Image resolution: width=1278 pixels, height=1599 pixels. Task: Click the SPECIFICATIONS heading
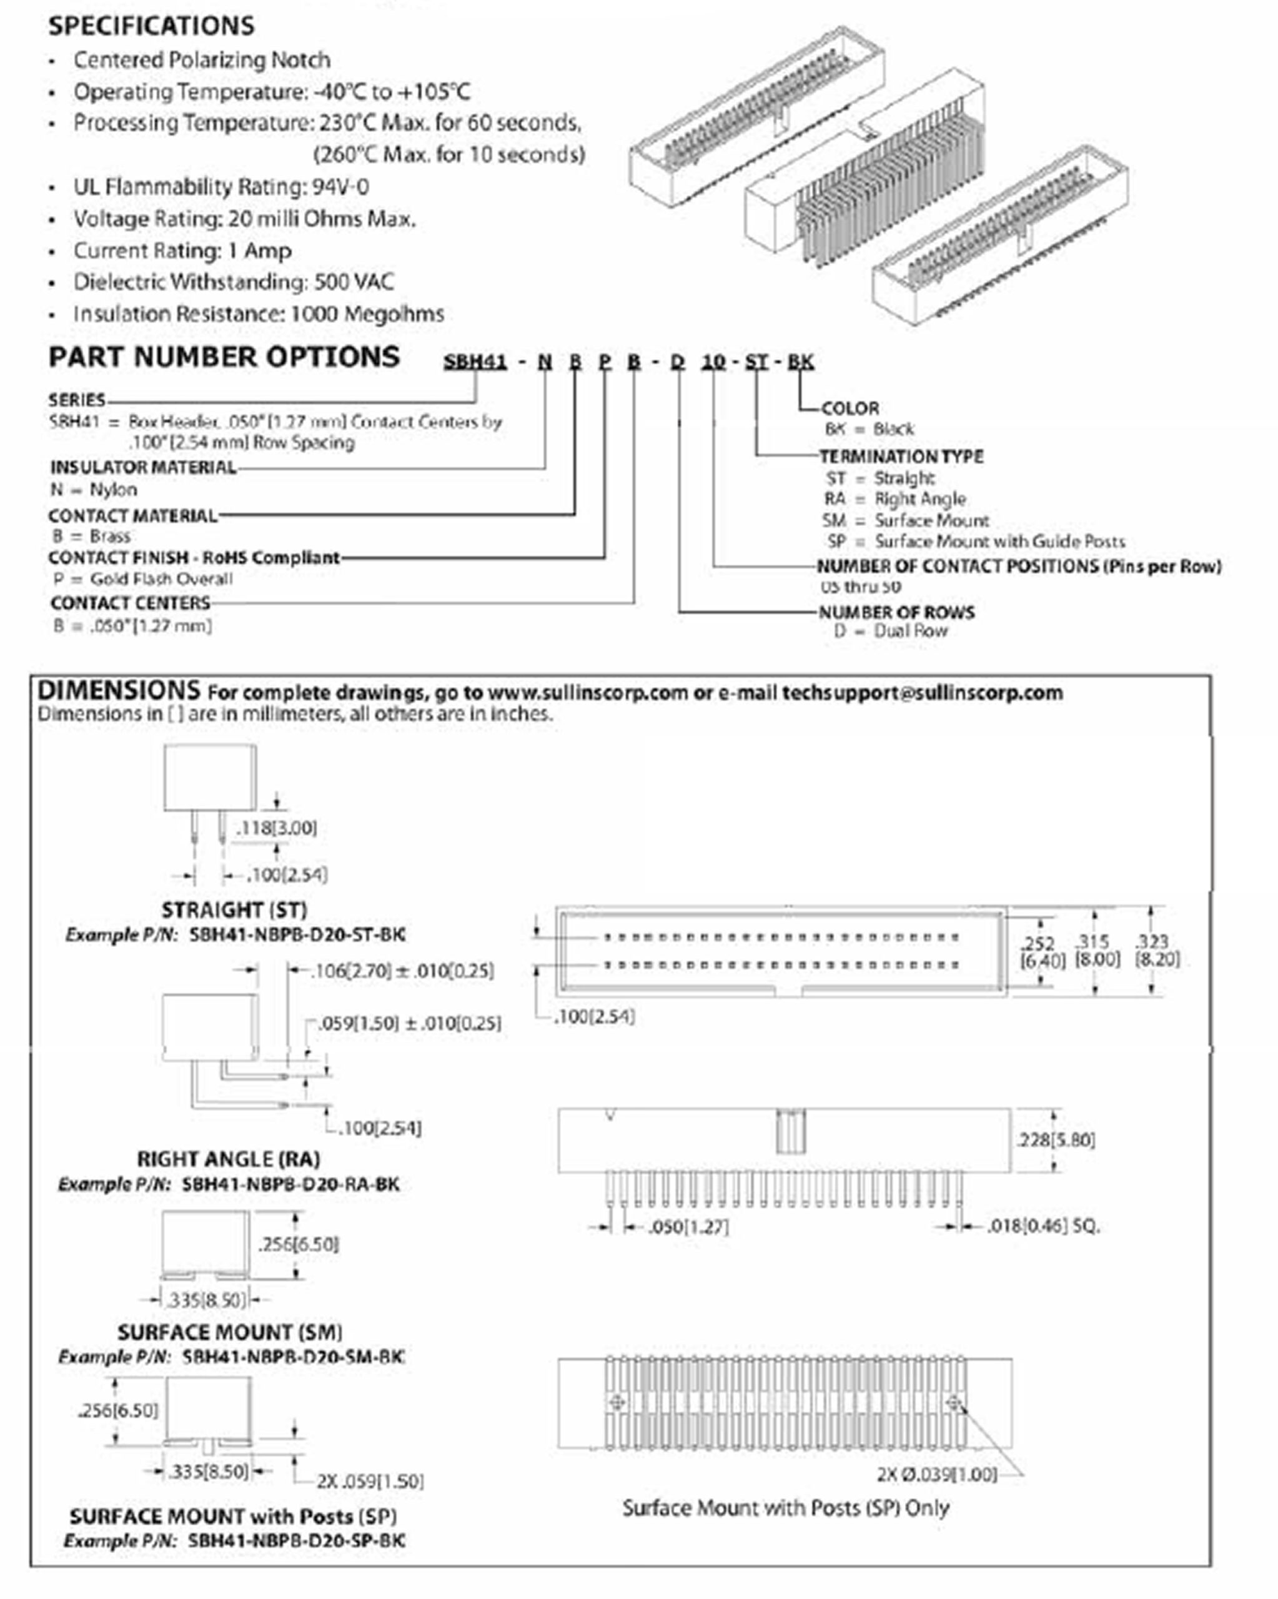[151, 26]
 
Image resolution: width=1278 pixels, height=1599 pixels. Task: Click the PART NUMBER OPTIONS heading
[224, 357]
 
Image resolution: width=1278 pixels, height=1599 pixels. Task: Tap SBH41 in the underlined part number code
[475, 362]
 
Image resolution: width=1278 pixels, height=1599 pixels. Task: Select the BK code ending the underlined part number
[800, 362]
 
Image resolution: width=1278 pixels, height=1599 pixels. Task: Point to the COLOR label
[850, 408]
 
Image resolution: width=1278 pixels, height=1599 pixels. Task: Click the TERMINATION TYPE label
[901, 457]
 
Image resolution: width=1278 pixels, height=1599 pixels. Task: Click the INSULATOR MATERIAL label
[143, 468]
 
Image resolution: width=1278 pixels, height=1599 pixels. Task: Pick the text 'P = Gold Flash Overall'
[142, 579]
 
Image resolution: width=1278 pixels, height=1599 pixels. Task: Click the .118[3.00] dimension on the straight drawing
[277, 828]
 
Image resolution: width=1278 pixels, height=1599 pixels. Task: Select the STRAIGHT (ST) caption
[234, 910]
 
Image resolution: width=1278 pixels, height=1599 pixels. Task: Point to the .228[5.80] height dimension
[1056, 1140]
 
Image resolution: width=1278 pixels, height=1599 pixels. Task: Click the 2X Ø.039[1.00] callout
[937, 1475]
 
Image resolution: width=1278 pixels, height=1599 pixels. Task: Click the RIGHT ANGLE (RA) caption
[229, 1159]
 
